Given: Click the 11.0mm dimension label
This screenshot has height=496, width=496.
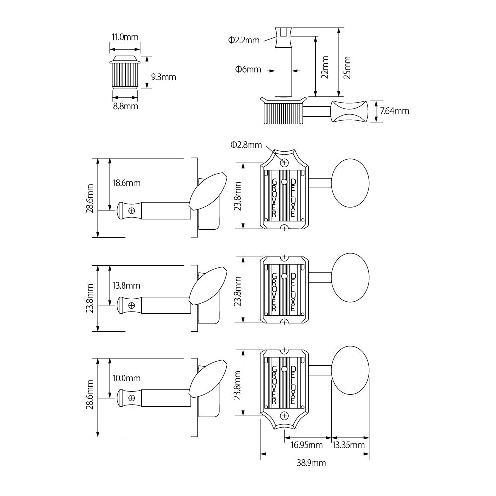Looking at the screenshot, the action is click(124, 37).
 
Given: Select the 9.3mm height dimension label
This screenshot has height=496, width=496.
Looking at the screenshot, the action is click(163, 77).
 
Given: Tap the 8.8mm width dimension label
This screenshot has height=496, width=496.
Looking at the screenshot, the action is click(125, 106).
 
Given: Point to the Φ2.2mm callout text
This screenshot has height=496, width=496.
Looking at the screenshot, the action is click(244, 40).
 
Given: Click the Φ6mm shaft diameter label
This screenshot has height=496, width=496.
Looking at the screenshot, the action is click(248, 69).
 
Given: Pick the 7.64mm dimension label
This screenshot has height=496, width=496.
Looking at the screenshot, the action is click(394, 111).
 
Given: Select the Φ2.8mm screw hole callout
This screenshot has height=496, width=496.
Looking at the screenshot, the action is click(246, 145).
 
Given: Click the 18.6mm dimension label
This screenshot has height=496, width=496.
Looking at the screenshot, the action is click(126, 183).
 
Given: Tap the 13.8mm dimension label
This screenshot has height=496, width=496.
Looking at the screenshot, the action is click(126, 286).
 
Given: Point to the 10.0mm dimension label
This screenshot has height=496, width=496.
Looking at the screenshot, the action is click(126, 378).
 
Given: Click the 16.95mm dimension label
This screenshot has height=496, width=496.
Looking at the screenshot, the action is click(307, 445).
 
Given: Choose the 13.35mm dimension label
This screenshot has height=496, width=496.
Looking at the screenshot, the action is click(349, 445).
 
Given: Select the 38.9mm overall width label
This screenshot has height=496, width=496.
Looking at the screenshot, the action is click(311, 463).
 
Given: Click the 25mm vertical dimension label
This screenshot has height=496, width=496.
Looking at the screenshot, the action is click(347, 67).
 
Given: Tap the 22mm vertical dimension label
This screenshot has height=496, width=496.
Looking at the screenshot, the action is click(325, 67).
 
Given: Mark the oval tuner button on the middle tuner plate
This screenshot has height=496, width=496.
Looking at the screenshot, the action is click(350, 278).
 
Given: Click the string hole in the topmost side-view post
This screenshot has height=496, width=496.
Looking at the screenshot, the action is click(132, 210).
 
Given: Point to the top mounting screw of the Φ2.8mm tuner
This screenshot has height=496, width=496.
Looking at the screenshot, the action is click(284, 163).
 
